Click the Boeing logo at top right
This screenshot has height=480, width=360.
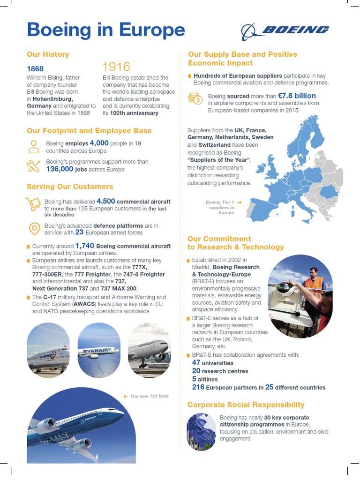tap(285, 31)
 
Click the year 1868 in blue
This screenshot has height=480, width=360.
tap(35, 68)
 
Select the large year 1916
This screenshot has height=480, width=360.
tap(116, 67)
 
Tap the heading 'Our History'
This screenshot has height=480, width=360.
tap(48, 54)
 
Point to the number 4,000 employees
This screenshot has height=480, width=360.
tap(99, 142)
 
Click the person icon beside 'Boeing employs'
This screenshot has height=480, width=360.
tap(34, 146)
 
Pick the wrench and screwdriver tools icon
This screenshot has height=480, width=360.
tap(34, 165)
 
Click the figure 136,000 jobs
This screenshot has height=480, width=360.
tap(60, 169)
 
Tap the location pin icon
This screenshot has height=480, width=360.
tap(34, 228)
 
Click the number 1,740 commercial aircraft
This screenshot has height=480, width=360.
tap(85, 246)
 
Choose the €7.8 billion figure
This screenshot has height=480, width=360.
tap(297, 96)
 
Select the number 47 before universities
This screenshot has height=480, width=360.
tap(196, 362)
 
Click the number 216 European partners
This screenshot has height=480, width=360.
tap(198, 387)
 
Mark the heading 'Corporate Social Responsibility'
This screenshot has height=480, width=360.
tap(246, 405)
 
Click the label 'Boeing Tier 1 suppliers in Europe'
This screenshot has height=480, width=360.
tap(220, 207)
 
